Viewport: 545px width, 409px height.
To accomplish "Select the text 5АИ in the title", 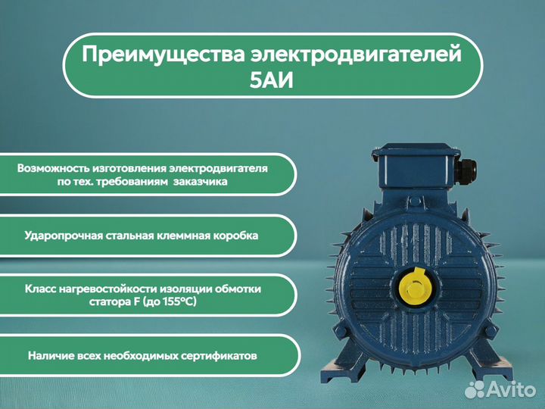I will pyautogui.click(x=272, y=81).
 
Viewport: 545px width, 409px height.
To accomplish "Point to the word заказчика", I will pyautogui.click(x=199, y=182).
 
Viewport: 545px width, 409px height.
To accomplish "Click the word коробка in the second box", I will pyautogui.click(x=235, y=236).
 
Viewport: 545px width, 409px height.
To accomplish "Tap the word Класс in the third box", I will pyautogui.click(x=41, y=289).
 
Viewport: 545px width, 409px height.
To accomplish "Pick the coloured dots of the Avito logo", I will pyautogui.click(x=474, y=389).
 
